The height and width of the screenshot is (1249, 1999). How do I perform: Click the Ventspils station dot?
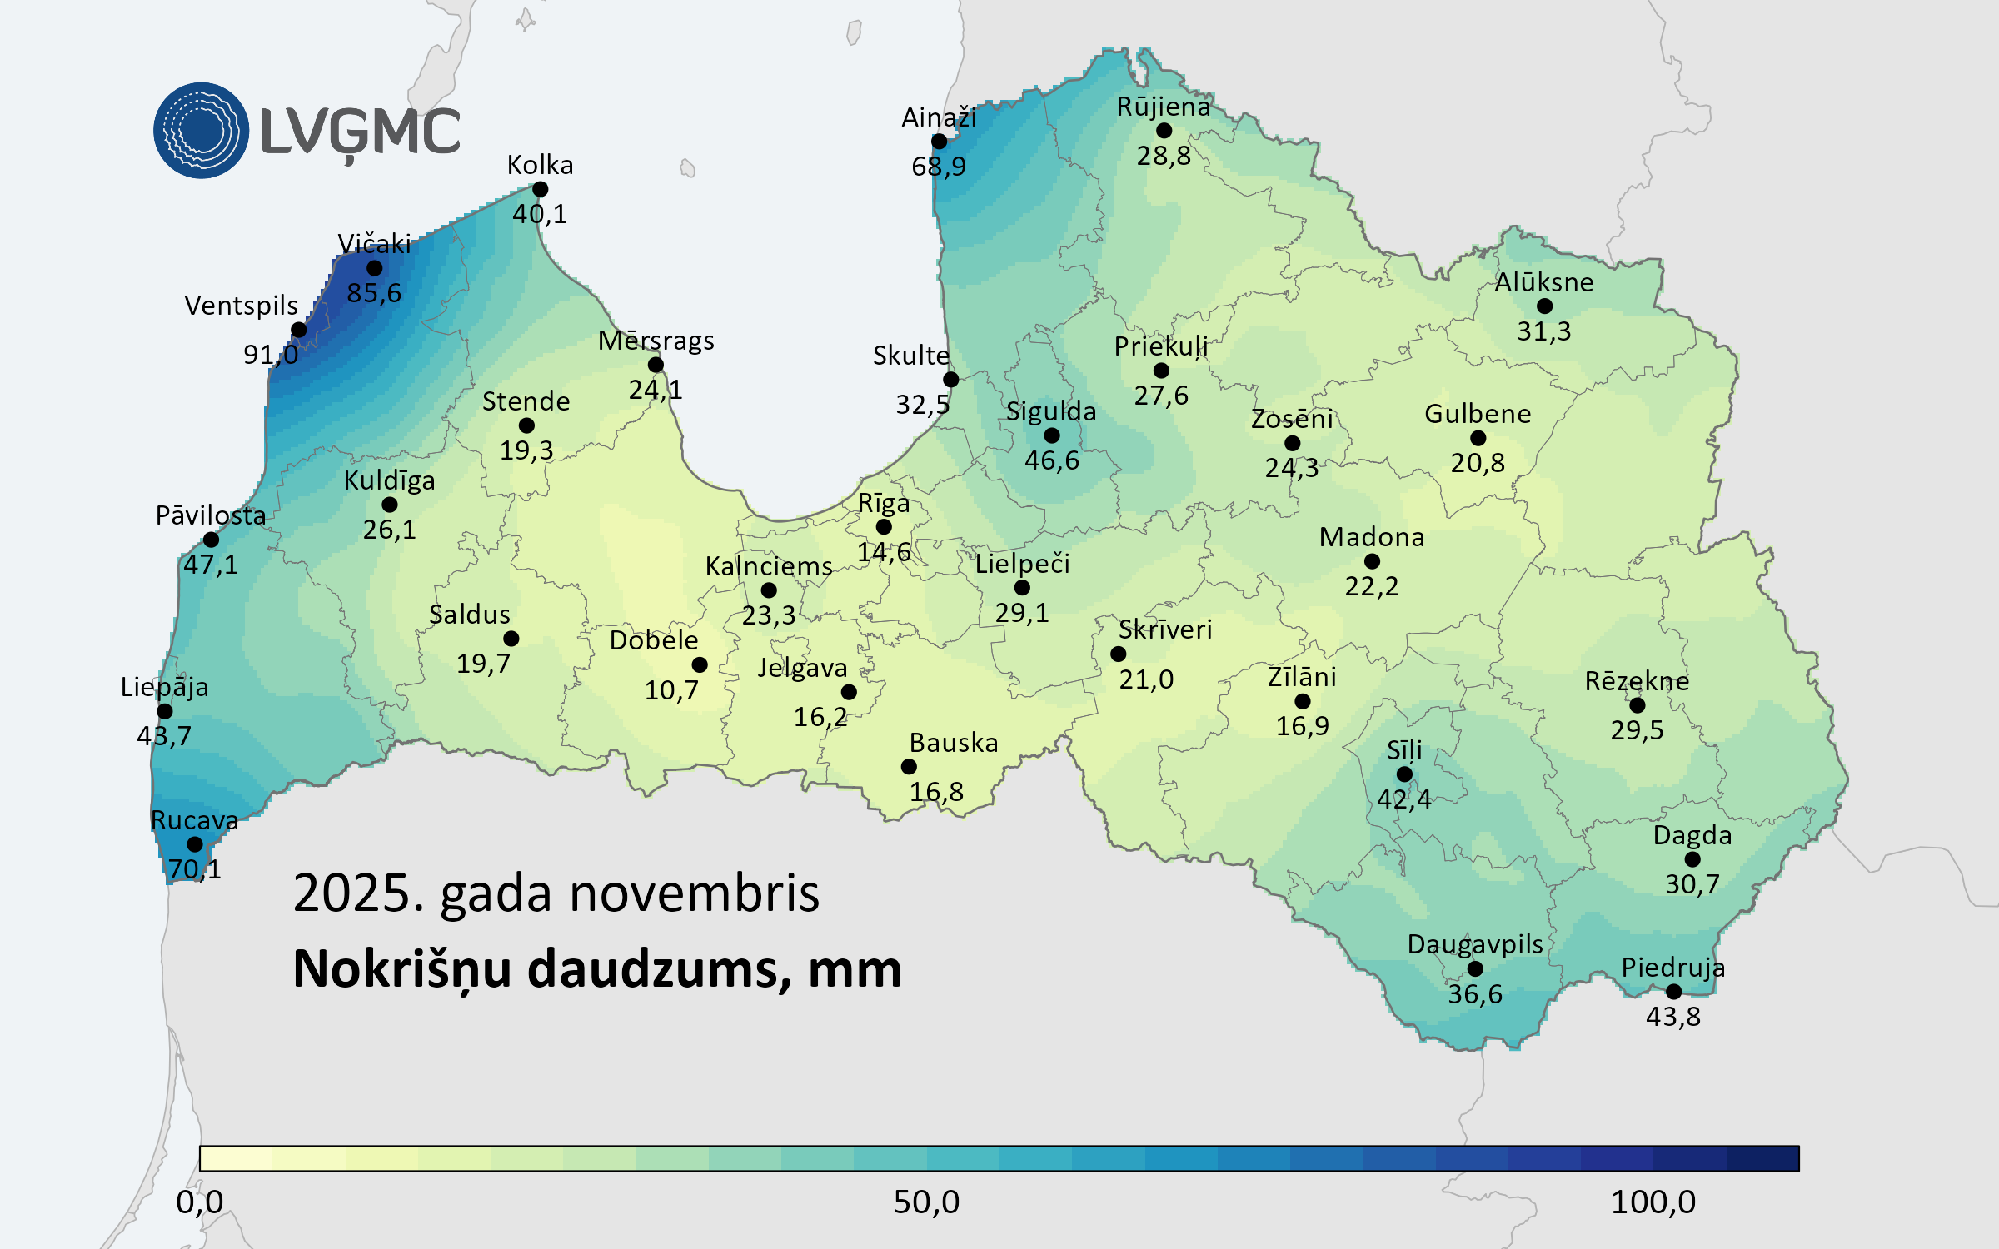coord(298,330)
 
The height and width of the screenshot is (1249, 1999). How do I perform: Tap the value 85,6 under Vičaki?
coord(374,293)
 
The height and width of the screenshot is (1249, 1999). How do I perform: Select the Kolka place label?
coord(540,165)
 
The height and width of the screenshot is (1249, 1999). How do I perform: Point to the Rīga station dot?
coord(884,526)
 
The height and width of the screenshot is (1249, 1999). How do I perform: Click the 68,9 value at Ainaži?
coord(939,167)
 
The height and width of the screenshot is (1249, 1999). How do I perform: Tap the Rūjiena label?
coord(1164,107)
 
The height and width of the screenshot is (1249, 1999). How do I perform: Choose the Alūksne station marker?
coord(1544,306)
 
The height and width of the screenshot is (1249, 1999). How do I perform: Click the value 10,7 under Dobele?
coord(671,690)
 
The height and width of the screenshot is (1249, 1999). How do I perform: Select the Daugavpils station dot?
coord(1475,968)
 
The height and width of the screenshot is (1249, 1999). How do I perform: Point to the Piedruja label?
coord(1672,968)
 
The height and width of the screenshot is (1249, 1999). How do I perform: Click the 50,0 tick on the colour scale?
coord(926,1202)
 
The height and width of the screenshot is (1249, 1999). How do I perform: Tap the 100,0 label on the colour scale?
coord(1653,1202)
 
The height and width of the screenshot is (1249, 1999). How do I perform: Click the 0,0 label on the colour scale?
coord(200,1202)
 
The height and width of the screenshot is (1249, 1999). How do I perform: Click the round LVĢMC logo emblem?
coord(201,131)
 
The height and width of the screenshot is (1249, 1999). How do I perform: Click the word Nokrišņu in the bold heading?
coord(401,970)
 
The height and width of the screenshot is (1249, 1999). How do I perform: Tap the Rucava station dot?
coord(195,843)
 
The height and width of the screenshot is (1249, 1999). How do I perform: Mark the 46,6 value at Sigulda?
coord(1051,460)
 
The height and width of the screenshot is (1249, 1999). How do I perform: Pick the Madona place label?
coord(1371,537)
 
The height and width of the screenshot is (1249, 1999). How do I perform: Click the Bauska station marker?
coord(909,766)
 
